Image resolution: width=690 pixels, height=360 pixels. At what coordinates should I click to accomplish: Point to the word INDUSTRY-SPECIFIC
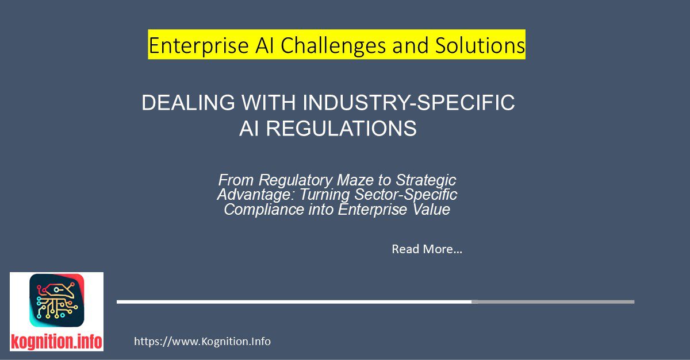click(x=408, y=103)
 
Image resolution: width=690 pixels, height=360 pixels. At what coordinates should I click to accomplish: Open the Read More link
click(x=427, y=249)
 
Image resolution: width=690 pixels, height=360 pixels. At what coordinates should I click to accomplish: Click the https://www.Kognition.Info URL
click(x=202, y=342)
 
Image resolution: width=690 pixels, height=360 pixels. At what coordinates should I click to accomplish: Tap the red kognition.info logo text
click(x=56, y=342)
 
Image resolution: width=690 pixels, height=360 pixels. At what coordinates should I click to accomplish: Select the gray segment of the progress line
click(x=553, y=301)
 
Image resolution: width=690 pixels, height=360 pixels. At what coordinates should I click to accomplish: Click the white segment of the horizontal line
click(x=294, y=301)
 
